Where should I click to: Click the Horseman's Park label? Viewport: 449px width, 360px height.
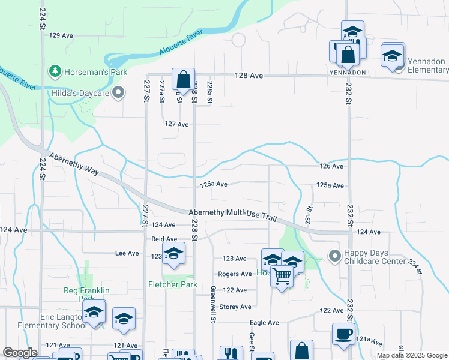(97, 72)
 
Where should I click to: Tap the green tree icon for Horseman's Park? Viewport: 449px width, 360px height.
(55, 71)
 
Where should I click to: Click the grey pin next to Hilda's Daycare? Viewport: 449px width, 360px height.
(118, 92)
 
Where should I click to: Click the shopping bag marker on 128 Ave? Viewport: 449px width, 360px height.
(182, 79)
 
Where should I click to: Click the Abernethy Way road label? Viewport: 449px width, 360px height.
(75, 163)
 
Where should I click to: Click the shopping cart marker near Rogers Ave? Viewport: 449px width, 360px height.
(282, 277)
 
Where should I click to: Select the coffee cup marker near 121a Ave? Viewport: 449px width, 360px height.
(343, 334)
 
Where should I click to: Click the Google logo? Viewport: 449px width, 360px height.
(20, 353)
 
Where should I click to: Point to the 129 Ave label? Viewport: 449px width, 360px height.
(61, 36)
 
